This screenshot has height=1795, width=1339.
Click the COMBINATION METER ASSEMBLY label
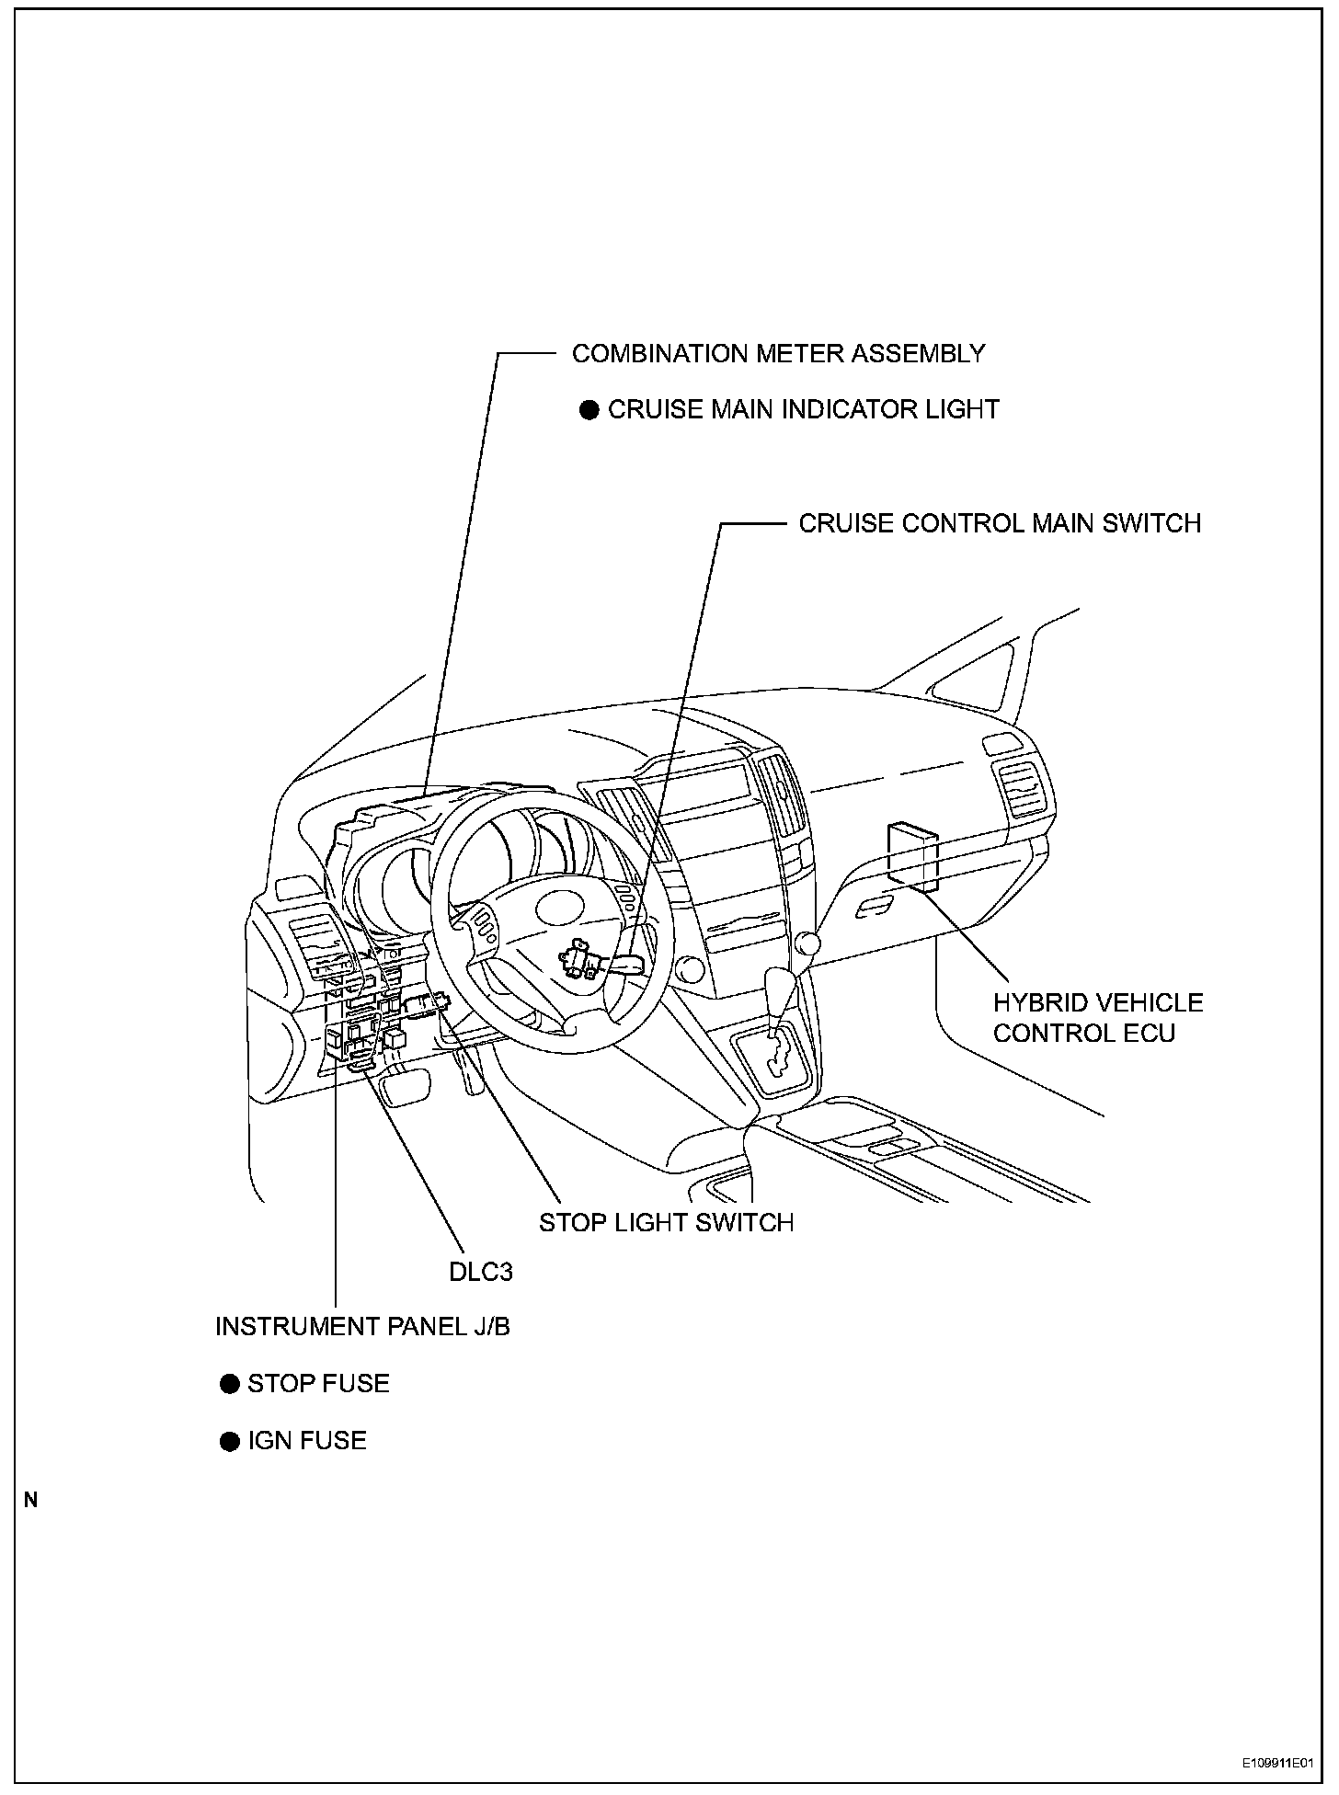click(x=778, y=353)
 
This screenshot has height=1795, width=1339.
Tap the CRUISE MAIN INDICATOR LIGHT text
click(x=803, y=409)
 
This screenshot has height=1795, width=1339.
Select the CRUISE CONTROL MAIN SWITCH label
click(x=1000, y=523)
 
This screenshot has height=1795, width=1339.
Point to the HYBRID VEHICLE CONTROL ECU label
click(x=1097, y=1017)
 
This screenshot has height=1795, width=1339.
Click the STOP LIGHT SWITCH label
click(x=666, y=1222)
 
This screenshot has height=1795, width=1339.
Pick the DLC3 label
click(x=480, y=1272)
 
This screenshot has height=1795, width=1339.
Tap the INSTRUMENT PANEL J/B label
click(x=362, y=1326)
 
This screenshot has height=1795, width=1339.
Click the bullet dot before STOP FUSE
click(x=230, y=1384)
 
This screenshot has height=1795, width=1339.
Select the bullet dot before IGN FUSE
click(x=230, y=1441)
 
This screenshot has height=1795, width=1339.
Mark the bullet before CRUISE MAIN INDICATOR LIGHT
click(x=589, y=410)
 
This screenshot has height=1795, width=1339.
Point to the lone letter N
click(x=31, y=1500)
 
